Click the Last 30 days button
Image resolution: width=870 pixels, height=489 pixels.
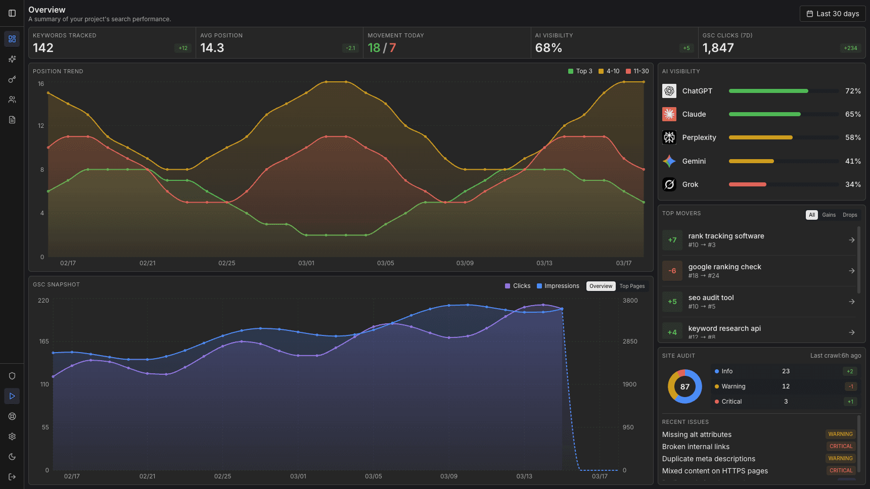click(x=833, y=14)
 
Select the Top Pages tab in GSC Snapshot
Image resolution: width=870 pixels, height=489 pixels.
click(x=632, y=286)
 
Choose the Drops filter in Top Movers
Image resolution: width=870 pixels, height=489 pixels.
click(x=850, y=215)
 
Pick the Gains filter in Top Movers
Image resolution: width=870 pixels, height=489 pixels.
click(x=829, y=215)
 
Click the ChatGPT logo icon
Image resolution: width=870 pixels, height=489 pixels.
click(x=669, y=91)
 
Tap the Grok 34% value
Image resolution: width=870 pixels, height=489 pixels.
click(x=853, y=184)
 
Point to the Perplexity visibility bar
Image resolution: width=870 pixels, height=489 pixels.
click(x=760, y=137)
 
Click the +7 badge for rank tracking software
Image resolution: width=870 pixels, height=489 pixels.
click(x=672, y=240)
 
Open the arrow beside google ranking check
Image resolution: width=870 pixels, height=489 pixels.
click(x=852, y=271)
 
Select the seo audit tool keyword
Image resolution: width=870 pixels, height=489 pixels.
click(x=711, y=298)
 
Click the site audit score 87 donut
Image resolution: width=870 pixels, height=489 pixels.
click(x=685, y=386)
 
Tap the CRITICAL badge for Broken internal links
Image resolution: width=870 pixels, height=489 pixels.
click(x=841, y=446)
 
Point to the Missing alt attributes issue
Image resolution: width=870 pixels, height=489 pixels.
click(x=697, y=434)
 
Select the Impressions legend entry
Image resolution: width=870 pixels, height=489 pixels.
click(x=558, y=286)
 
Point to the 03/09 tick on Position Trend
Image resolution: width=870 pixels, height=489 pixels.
click(x=465, y=263)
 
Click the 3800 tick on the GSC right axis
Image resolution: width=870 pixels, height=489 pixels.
click(x=630, y=301)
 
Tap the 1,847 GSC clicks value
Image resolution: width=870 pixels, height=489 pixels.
click(x=718, y=48)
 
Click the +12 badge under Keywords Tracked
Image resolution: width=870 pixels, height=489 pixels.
click(x=183, y=48)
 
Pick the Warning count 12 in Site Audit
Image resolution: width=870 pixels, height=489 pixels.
click(x=786, y=386)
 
